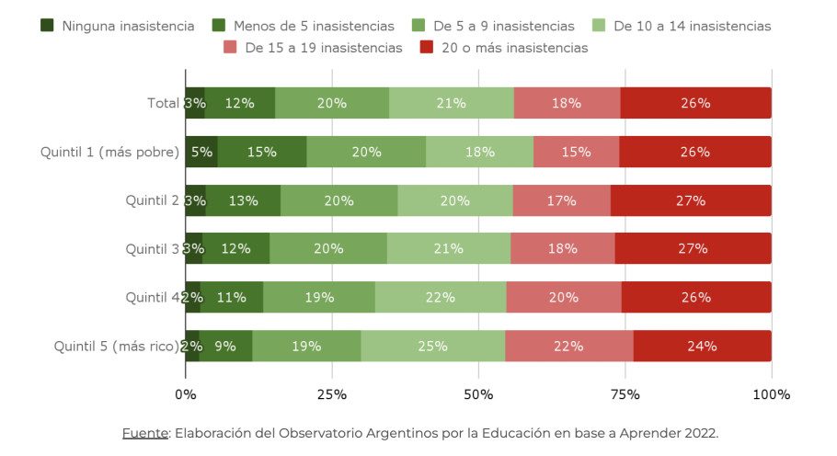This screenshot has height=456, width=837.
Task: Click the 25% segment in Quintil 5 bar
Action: pos(433,346)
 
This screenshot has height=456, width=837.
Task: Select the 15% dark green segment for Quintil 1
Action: pos(262,152)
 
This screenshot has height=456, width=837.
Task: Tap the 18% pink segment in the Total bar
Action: pos(567,103)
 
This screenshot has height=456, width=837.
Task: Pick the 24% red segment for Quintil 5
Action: pos(703,346)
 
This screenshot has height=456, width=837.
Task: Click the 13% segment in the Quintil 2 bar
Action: pos(244,200)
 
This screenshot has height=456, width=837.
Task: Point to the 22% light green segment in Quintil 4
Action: pos(441,297)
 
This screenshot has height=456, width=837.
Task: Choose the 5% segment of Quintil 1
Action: pos(201,152)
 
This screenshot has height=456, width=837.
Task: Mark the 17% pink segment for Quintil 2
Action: pos(562,200)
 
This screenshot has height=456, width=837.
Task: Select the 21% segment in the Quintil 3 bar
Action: pos(449,248)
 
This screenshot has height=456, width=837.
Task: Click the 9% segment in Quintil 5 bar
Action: pos(225,346)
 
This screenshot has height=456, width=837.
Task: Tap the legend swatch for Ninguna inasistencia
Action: pos(47,25)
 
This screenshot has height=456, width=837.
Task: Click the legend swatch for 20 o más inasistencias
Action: pos(427,47)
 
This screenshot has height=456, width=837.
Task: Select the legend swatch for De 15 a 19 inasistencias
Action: pos(230,47)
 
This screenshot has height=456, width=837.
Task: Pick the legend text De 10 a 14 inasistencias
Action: pos(693,26)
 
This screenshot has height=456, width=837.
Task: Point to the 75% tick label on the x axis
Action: pos(625,394)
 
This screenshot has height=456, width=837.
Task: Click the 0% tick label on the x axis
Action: pos(186,394)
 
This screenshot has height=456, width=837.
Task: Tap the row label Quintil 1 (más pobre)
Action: pos(110,152)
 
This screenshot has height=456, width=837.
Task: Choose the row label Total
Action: pos(164,103)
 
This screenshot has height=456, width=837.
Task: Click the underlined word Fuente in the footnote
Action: pos(145,433)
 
